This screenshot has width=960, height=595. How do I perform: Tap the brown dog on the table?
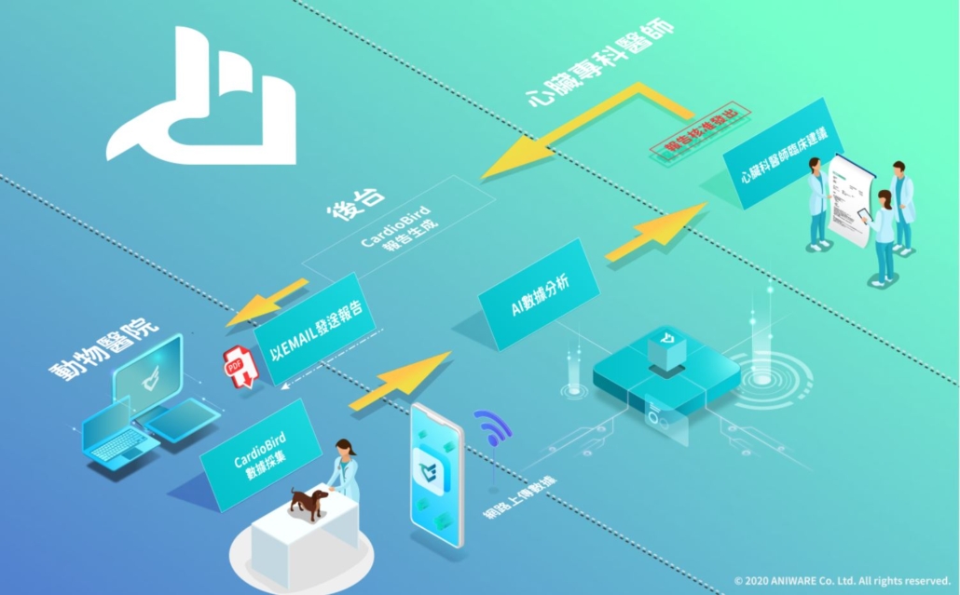tap(308, 502)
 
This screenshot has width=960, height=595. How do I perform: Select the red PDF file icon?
tap(240, 366)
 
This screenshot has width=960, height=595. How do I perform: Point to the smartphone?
tap(437, 475)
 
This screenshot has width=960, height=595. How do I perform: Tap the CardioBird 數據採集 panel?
tap(254, 454)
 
